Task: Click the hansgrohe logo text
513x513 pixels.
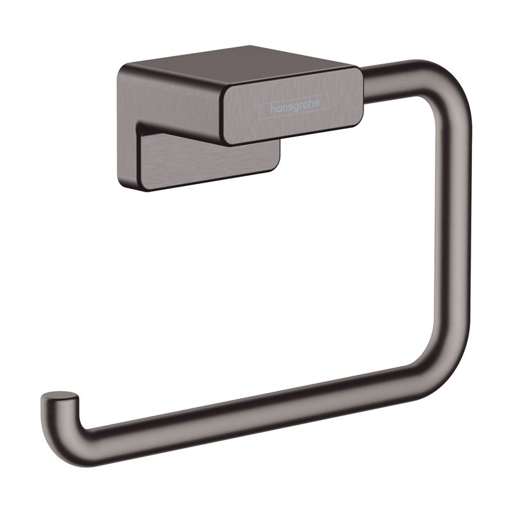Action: [294, 105]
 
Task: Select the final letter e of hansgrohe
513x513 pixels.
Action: [317, 102]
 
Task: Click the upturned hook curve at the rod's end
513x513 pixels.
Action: [62, 425]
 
